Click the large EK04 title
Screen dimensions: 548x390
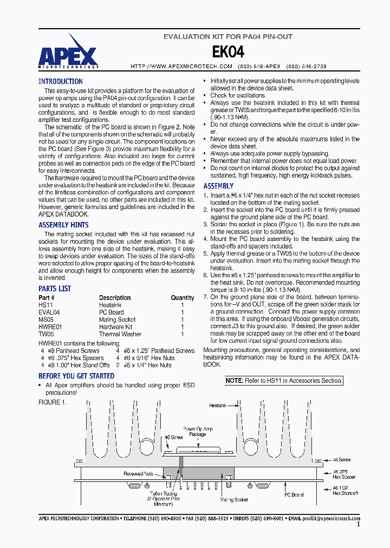point(227,51)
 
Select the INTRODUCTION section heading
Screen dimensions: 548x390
point(60,81)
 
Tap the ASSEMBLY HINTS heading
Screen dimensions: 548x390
point(63,225)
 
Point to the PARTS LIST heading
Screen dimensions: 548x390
point(55,289)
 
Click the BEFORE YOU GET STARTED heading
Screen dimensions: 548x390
point(76,376)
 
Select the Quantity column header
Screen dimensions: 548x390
point(183,298)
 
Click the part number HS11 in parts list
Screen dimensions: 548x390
point(45,305)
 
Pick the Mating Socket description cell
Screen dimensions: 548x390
point(117,320)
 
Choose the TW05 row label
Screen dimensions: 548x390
point(46,335)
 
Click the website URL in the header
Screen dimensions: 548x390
point(181,66)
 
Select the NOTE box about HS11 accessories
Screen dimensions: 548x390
point(284,381)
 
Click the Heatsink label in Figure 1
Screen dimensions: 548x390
point(217,406)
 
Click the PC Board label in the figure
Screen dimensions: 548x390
point(294,495)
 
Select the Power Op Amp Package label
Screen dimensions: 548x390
point(198,432)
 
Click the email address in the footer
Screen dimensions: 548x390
point(331,519)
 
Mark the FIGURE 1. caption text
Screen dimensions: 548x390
point(52,402)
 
